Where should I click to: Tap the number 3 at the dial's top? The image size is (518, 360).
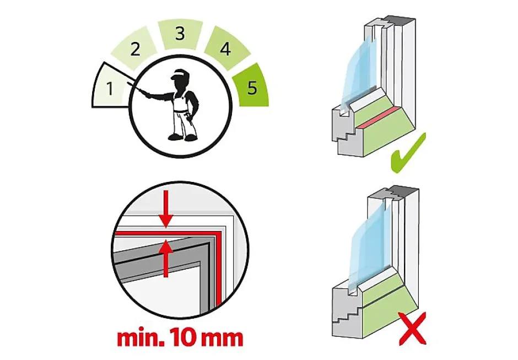point(180,34)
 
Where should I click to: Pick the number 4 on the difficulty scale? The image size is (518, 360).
point(225,49)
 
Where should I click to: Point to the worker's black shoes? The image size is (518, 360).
point(181,137)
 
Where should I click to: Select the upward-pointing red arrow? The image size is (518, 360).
point(166,259)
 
